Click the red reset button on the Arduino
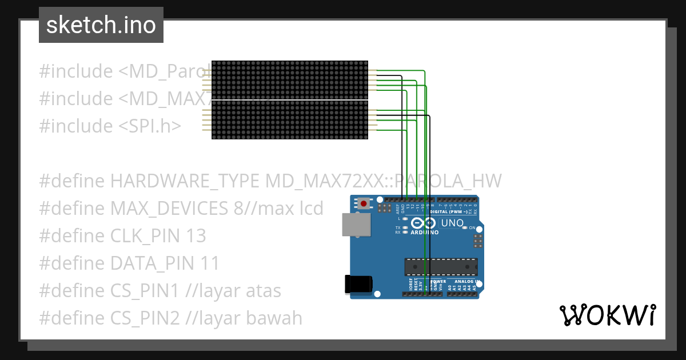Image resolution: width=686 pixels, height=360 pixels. (364, 203)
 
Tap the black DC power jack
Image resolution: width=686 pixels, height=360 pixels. (358, 284)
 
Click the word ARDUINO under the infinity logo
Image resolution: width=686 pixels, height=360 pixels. (425, 233)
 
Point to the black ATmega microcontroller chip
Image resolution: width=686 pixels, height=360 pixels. (441, 267)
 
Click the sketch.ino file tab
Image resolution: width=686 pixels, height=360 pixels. (101, 25)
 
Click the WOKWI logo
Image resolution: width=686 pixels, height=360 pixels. (607, 315)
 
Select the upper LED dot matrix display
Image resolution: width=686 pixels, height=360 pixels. (289, 80)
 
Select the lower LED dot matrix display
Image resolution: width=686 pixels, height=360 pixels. (289, 120)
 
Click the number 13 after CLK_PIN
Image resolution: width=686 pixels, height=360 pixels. (196, 235)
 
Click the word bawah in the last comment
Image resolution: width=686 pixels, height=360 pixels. (274, 318)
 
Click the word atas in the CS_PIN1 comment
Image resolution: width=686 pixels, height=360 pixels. (263, 290)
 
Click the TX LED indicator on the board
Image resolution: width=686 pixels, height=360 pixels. (405, 228)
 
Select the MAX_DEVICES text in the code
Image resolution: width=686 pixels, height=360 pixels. (169, 208)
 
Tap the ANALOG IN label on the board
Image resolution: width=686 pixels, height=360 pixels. (466, 282)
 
